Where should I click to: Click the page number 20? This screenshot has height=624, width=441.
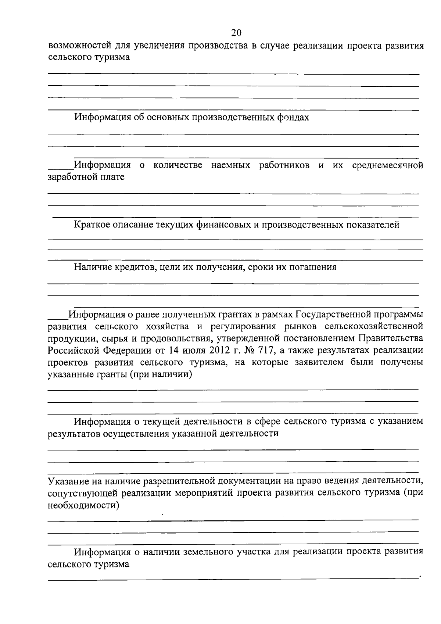click(x=236, y=33)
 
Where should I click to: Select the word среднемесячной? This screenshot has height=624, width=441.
click(x=387, y=165)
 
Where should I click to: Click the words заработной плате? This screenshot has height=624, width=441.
click(x=86, y=177)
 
